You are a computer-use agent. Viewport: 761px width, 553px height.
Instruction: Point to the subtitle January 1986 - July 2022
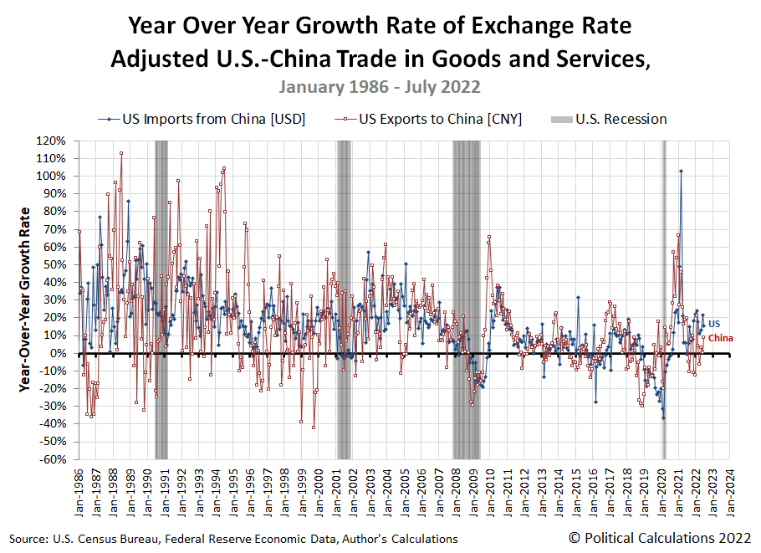(x=380, y=87)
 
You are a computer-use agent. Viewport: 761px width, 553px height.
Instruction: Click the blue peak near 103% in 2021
(x=681, y=171)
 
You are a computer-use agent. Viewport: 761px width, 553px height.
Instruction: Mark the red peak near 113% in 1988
(x=121, y=153)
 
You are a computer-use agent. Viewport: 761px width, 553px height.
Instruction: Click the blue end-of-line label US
(x=713, y=324)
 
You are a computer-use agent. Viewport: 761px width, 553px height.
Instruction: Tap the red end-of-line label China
(x=721, y=337)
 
